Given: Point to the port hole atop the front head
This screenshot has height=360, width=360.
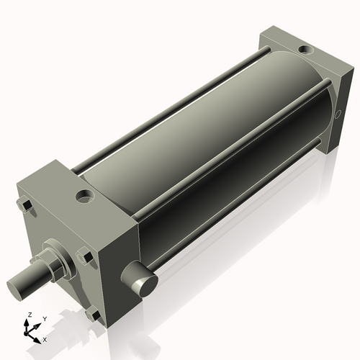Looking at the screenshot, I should (x=85, y=195).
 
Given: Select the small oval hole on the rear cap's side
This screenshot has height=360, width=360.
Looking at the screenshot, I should (x=338, y=115).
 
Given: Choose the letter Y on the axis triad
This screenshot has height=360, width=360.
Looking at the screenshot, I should (x=44, y=319).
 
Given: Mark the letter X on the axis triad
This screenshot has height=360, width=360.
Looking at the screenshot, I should (x=45, y=338).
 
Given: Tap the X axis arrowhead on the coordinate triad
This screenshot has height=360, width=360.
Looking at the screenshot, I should (x=39, y=337).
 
